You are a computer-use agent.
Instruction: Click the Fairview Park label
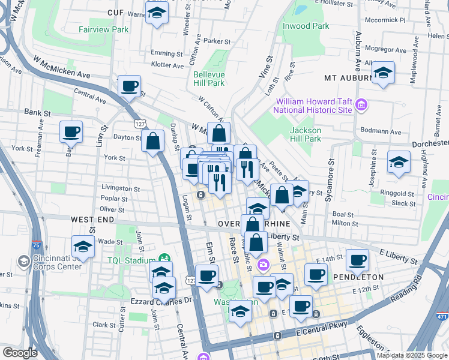tap(104, 29)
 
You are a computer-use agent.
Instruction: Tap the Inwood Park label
tap(306, 26)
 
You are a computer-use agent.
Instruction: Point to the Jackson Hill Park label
tap(306, 134)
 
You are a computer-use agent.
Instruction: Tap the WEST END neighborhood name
tap(92, 220)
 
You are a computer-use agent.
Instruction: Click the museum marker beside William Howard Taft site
tap(361, 106)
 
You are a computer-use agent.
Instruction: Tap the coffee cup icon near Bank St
tap(71, 131)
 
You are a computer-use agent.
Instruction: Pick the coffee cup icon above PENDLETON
tap(358, 259)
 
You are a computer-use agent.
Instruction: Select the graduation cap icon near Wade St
tap(83, 246)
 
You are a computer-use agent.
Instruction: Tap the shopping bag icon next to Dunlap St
tap(153, 141)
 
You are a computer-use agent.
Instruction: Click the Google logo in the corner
tap(20, 353)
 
